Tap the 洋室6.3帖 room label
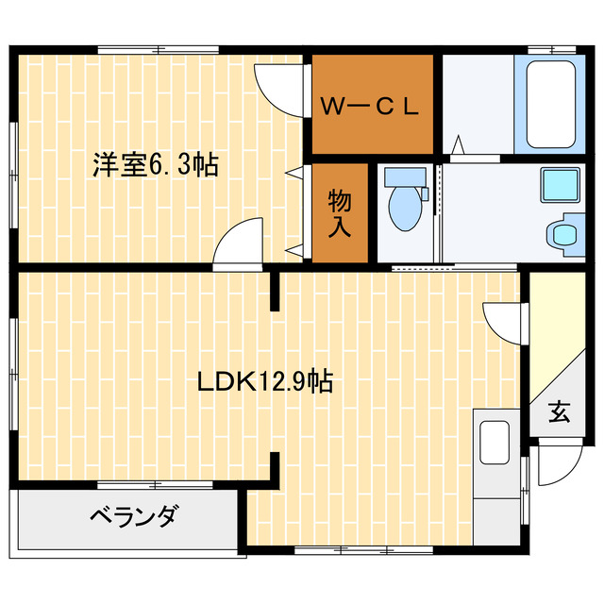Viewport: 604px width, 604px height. coord(155,165)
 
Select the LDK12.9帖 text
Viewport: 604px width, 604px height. coord(263,381)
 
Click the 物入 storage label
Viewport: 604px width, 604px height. coord(340,212)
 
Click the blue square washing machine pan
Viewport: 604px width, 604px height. coord(559,185)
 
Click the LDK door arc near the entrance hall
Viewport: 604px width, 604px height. coord(501,321)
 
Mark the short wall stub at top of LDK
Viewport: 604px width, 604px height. coord(276,291)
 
